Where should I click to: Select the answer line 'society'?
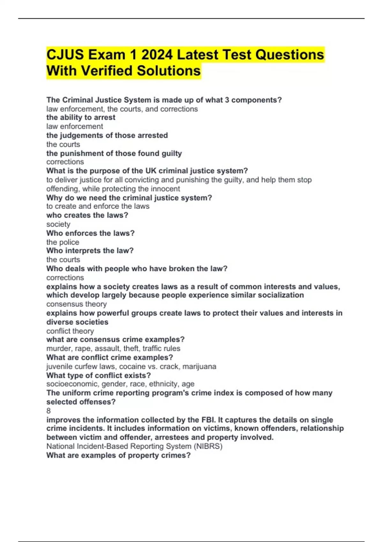tap(58, 224)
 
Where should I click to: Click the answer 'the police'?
tap(63, 242)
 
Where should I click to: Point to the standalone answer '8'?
tap(49, 411)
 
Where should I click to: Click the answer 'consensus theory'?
tap(76, 304)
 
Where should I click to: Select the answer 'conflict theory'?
tap(70, 331)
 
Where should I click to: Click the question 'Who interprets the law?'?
tap(90, 251)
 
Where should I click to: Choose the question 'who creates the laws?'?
tap(87, 215)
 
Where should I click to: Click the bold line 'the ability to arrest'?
tap(81, 117)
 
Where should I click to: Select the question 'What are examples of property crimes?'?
tap(118, 455)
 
